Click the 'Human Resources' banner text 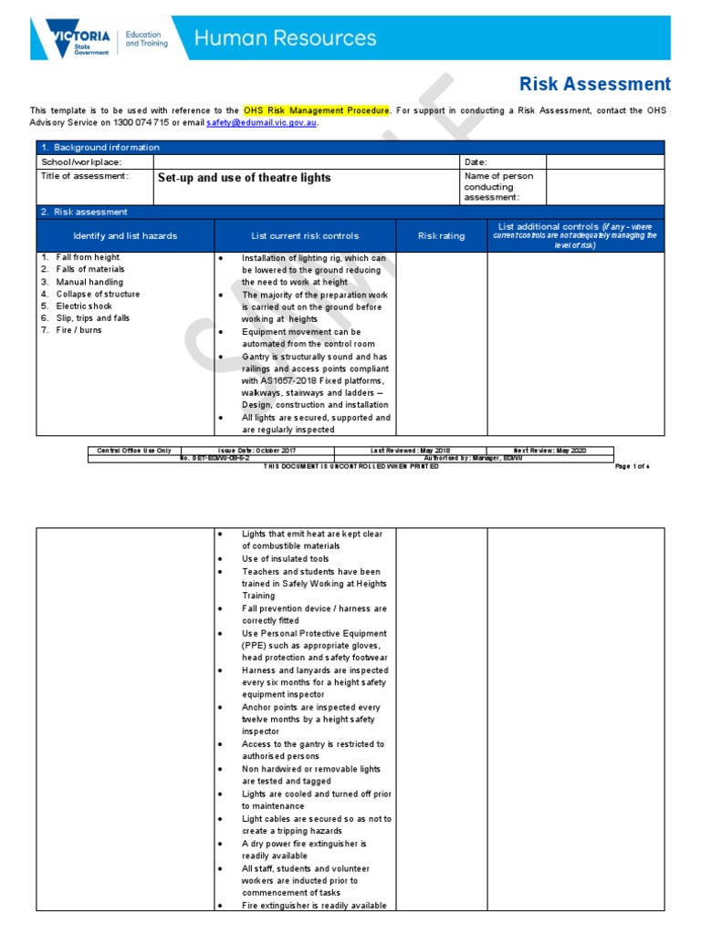pos(286,38)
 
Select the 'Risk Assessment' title pos(594,85)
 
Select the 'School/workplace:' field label pos(81,161)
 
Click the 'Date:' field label pos(476,161)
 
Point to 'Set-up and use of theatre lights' pos(244,178)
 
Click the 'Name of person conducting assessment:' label pos(499,186)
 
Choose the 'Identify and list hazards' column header pos(125,236)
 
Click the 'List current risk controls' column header pos(305,236)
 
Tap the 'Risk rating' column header pos(441,236)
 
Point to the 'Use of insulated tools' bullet pos(285,559)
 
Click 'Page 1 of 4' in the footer pos(632,466)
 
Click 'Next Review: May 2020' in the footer pos(549,451)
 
